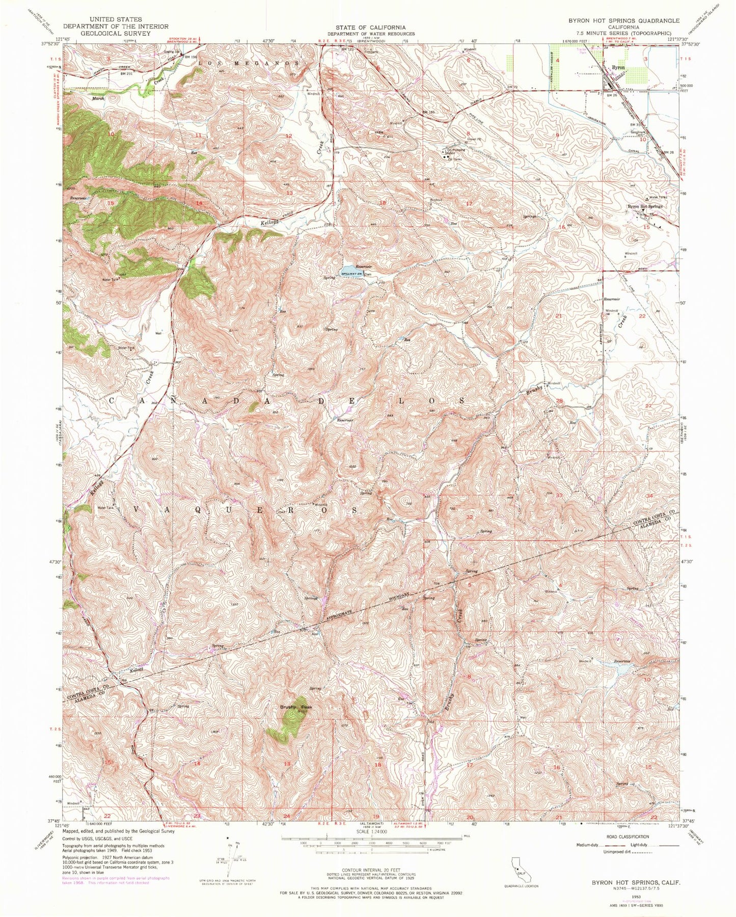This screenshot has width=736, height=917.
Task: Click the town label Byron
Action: click(618, 67)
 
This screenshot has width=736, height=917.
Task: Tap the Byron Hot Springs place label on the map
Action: click(645, 206)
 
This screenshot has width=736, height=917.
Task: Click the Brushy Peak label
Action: click(296, 708)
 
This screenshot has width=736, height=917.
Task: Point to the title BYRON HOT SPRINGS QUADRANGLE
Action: click(624, 20)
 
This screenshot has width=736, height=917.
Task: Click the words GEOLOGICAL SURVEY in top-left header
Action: click(120, 33)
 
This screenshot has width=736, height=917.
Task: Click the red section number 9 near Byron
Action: click(558, 135)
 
